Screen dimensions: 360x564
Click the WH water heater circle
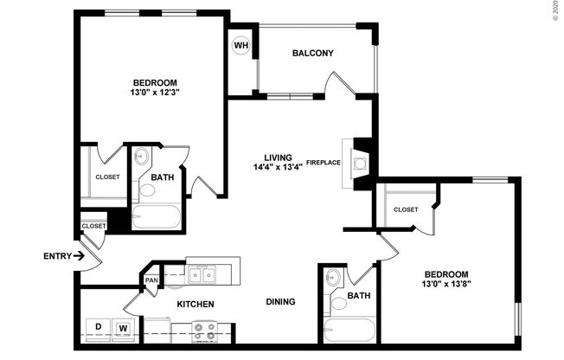coord(240,45)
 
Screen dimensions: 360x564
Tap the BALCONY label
coord(312,53)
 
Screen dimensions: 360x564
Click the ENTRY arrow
coord(79,256)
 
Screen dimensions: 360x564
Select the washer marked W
coord(123,327)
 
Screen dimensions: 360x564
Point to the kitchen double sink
coord(202,274)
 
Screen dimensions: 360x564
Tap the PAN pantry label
coord(151,280)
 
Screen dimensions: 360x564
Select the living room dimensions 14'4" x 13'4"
coord(278,167)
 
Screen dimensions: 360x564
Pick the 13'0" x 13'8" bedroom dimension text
coord(445,283)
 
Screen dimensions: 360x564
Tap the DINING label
coord(281,302)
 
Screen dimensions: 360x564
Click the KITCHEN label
coord(195,304)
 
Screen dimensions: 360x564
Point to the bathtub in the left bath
coord(157,216)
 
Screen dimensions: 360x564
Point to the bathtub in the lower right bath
coord(350,331)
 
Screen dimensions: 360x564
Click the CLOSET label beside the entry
coord(93,226)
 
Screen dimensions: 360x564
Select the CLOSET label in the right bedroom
coord(406,209)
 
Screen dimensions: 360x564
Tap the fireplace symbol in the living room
coord(361,161)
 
